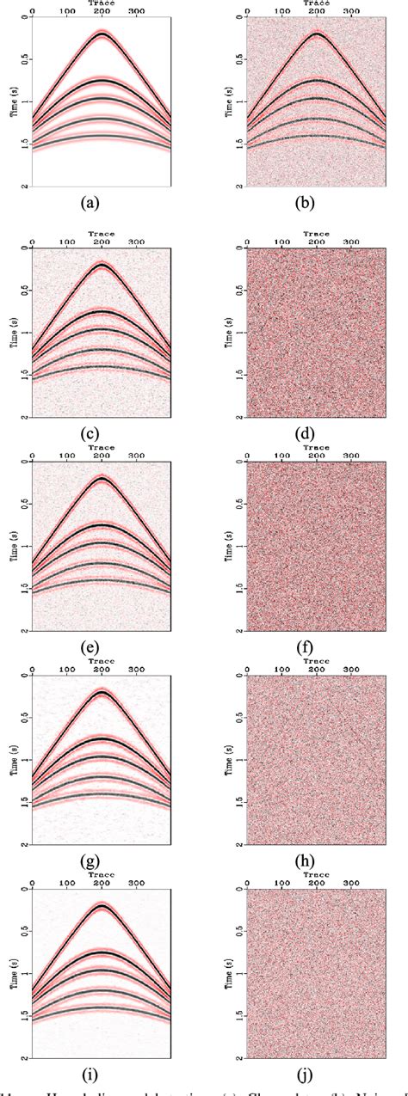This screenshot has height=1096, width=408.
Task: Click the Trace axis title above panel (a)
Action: click(101, 4)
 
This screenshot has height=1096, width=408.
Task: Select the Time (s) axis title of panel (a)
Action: click(12, 102)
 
